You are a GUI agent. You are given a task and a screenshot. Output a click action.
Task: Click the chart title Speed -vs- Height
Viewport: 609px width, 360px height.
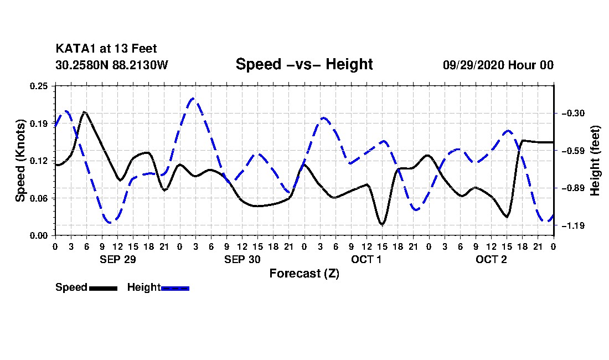point(304,64)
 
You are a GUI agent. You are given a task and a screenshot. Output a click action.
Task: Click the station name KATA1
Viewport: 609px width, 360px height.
point(76,49)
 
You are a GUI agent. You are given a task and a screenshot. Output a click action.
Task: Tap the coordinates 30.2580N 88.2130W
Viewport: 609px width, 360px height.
point(112,64)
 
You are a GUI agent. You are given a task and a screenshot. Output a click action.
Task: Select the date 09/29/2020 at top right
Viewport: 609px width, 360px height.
point(473,65)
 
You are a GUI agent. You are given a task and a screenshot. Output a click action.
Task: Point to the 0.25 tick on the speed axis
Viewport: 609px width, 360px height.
point(39,86)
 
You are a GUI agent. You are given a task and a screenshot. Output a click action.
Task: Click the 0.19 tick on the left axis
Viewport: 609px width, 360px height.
point(39,123)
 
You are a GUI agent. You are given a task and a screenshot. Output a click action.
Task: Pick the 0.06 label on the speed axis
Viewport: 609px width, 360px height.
point(39,198)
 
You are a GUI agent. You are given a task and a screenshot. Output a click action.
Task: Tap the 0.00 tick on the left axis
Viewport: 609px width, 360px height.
point(39,236)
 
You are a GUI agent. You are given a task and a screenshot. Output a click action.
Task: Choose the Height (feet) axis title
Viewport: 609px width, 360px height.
point(595,161)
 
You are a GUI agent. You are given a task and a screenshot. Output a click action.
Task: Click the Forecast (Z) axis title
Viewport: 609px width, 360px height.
point(304,274)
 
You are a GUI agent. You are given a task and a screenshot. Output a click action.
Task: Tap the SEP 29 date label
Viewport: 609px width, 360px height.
point(118,259)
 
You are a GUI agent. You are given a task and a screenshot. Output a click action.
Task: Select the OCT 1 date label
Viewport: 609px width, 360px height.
point(367,259)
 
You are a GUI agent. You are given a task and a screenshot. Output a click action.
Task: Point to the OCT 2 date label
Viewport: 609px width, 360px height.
point(491,259)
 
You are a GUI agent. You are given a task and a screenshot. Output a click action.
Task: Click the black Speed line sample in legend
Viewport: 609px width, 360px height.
point(103,288)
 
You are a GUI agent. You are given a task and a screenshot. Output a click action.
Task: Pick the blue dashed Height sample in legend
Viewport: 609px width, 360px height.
point(175,288)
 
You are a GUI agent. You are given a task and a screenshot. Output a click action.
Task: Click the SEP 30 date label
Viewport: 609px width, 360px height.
point(242,259)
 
